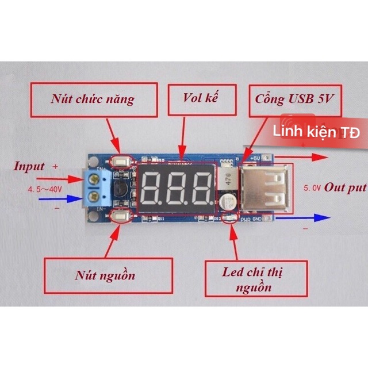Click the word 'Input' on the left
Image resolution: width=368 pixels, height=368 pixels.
[29, 167]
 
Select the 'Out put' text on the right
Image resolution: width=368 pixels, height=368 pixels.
[346, 187]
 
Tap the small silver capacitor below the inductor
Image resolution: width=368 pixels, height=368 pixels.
[226, 201]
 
